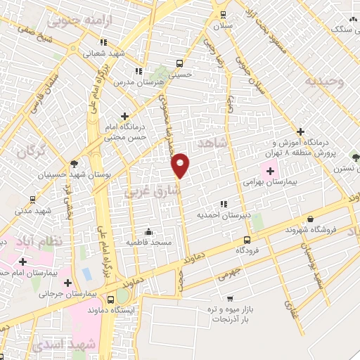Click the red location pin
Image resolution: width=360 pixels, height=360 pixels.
pos(181,165)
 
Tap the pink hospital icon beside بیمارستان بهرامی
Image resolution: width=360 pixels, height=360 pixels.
pos(270,169)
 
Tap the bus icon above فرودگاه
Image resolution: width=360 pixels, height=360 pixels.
pos(245,240)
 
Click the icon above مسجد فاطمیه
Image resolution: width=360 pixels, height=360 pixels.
pos(148,232)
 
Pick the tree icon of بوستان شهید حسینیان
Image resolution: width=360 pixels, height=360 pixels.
pos(74,163)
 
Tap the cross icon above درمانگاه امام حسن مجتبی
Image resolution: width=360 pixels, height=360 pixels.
pos(125,116)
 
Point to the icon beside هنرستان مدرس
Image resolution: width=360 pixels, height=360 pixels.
pos(139,71)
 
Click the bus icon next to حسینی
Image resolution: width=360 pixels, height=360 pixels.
pos(179,63)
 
